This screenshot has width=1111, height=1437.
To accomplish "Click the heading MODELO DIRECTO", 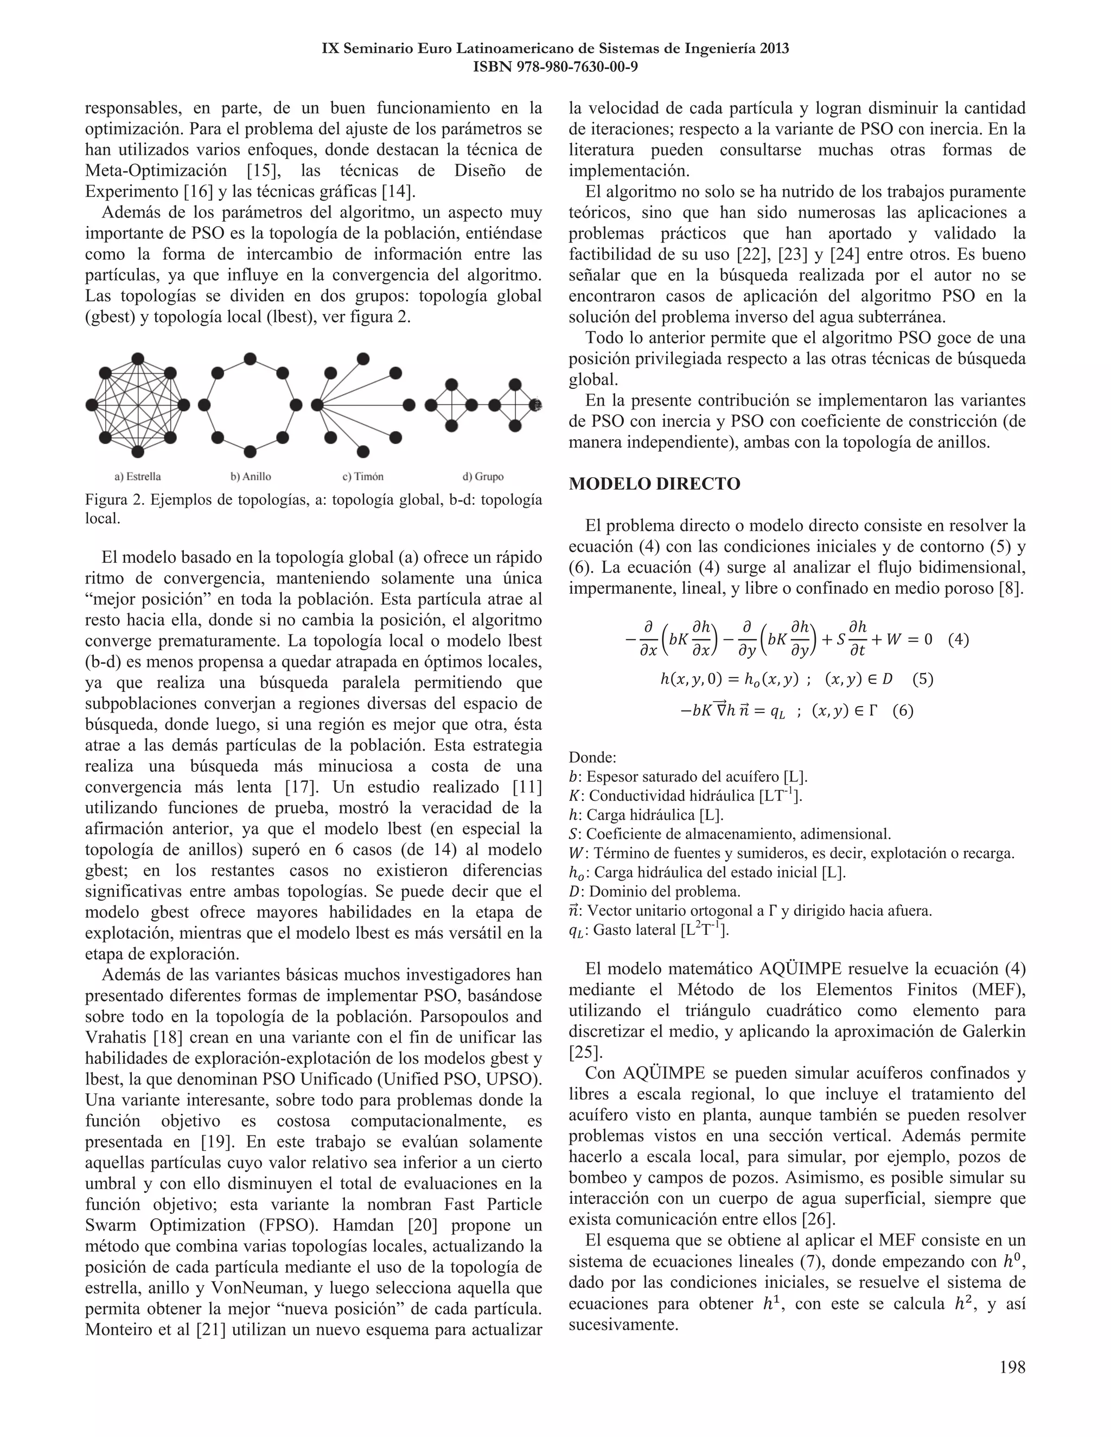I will (654, 484).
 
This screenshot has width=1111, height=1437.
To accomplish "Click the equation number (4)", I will (959, 639).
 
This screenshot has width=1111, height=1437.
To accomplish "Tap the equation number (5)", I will (923, 679).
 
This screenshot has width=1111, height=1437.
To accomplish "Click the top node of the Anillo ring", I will (250, 358).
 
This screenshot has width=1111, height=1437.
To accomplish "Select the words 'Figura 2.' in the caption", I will (114, 501).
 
